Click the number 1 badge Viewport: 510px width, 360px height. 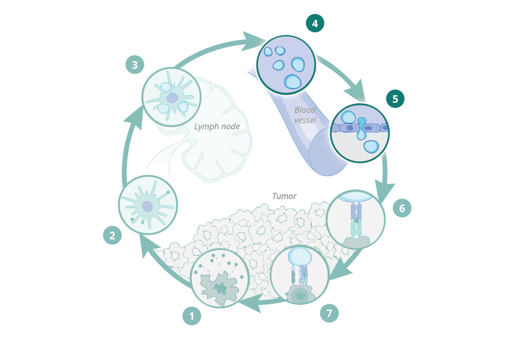[x=192, y=316]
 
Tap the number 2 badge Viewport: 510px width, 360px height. [x=112, y=235]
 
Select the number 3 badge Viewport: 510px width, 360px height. [x=134, y=65]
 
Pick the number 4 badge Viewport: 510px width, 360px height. [x=315, y=23]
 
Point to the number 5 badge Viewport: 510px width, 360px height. [x=396, y=99]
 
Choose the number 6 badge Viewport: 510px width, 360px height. [x=402, y=208]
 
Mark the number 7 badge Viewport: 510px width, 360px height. [x=329, y=313]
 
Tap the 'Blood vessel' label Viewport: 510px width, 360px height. [x=305, y=115]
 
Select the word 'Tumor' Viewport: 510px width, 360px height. [x=284, y=196]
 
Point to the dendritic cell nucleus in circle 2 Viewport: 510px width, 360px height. [x=147, y=207]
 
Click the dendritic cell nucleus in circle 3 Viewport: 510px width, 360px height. [x=172, y=98]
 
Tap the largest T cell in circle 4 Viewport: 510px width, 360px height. [x=293, y=82]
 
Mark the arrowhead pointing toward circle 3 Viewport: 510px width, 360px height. [x=134, y=116]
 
